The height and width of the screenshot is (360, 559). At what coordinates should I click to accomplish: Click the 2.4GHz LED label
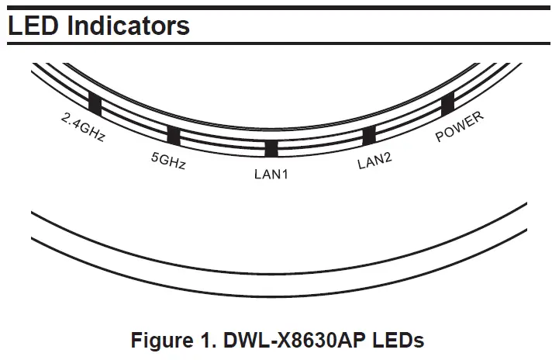[82, 129]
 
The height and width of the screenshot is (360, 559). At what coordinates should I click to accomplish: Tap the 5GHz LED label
[168, 161]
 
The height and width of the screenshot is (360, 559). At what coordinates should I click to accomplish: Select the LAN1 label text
[271, 175]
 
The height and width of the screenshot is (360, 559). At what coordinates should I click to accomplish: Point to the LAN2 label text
[374, 162]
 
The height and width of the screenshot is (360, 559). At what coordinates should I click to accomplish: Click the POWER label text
[460, 127]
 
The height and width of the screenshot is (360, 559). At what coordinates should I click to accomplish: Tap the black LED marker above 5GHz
[174, 136]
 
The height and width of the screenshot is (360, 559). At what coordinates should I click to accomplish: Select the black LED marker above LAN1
[271, 148]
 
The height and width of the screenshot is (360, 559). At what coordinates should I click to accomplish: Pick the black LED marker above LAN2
[369, 137]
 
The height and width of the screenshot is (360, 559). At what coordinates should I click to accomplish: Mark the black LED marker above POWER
[447, 104]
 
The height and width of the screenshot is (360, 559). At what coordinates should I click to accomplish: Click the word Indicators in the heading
[128, 25]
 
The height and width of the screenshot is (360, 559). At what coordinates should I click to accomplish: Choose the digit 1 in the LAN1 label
[285, 175]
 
